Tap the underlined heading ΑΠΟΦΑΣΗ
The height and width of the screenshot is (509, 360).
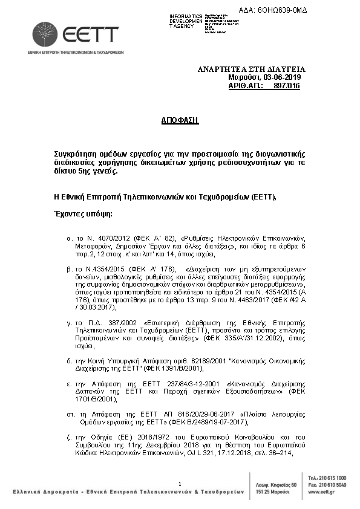click(180, 120)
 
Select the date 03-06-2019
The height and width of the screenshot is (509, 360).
click(282, 78)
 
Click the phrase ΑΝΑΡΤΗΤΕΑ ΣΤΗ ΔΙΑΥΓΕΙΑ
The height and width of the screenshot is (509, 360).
click(251, 70)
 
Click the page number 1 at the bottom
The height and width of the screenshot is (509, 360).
click(180, 484)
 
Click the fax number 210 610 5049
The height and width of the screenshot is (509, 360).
click(332, 484)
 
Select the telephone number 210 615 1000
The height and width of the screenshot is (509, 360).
click(332, 478)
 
